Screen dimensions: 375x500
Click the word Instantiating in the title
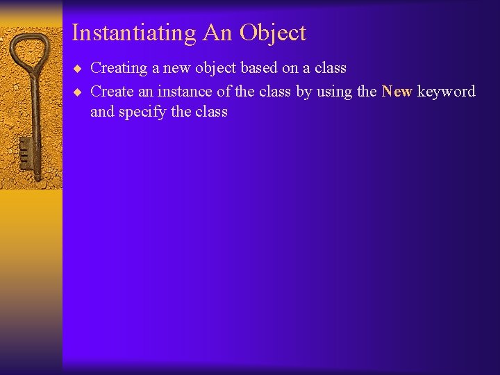[134, 33]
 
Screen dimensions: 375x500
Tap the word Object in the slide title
[273, 33]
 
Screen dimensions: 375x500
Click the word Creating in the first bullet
[119, 68]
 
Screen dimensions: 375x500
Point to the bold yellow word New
[397, 92]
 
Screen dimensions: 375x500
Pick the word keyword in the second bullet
[446, 92]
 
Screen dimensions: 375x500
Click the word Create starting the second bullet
[112, 92]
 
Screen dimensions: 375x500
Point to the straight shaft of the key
[35, 111]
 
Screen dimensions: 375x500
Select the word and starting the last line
[102, 112]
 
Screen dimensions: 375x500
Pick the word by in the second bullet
[303, 92]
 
